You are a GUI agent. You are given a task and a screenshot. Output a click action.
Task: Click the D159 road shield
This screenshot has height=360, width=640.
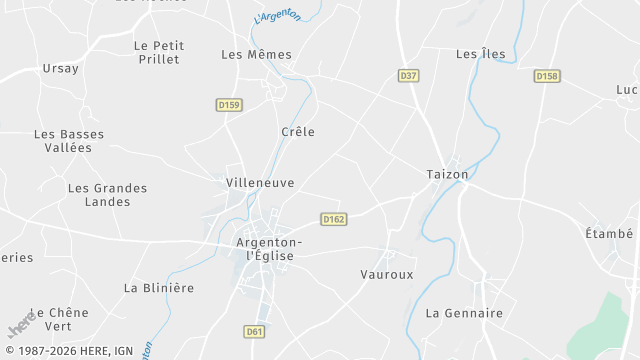(x=228, y=104)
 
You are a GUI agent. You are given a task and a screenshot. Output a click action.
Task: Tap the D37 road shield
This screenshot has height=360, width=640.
(x=408, y=75)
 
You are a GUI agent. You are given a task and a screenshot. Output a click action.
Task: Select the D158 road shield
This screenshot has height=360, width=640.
(x=546, y=76)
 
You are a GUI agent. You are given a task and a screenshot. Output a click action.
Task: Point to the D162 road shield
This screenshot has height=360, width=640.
(x=334, y=218)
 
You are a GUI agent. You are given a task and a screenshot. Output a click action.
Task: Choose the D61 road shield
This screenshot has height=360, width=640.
(x=254, y=331)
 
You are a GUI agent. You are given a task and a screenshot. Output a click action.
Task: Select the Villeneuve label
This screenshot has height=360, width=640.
(x=259, y=183)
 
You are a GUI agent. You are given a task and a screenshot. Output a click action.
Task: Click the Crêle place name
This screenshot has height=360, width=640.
(x=298, y=132)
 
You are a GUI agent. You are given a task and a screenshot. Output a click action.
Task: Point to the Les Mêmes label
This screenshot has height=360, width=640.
(x=256, y=55)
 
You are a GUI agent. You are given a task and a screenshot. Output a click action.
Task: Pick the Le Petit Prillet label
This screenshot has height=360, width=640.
(x=157, y=52)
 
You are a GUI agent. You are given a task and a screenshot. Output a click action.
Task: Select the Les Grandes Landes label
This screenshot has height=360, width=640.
(x=107, y=195)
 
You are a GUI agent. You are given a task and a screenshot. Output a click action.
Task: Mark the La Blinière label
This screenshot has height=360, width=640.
(x=158, y=288)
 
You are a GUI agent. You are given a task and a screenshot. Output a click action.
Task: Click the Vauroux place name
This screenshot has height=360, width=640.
(x=387, y=274)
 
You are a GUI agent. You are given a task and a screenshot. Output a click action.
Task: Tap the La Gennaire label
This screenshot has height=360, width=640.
(x=464, y=313)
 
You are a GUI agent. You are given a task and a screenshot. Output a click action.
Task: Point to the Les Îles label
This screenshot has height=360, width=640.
(x=480, y=54)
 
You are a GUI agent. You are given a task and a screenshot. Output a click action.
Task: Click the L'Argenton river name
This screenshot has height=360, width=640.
(x=278, y=16)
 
